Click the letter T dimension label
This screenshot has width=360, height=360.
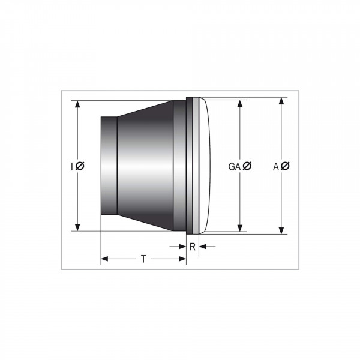143,259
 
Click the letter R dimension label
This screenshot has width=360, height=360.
193,247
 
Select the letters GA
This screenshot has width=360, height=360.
234,167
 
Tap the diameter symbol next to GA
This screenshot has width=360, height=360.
247,166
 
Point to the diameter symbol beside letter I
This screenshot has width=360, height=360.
80,166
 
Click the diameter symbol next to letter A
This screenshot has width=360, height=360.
285,166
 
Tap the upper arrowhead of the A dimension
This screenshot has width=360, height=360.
281,101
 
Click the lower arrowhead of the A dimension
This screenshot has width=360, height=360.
281,230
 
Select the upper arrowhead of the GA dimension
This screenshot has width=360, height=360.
240,104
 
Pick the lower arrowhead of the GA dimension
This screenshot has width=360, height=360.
240,228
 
